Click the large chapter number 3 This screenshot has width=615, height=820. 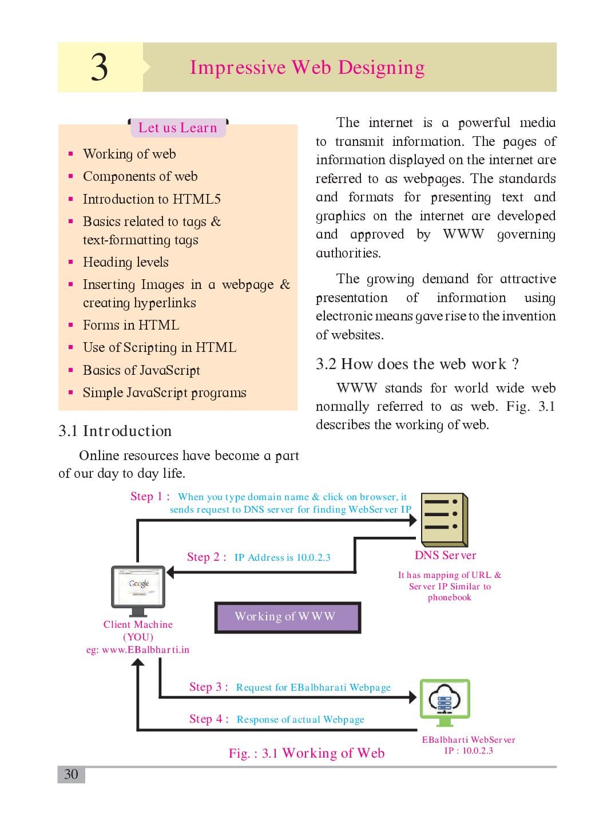pyautogui.click(x=100, y=68)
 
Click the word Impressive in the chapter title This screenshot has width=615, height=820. pyautogui.click(x=237, y=68)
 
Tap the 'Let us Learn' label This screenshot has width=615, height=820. pyautogui.click(x=177, y=128)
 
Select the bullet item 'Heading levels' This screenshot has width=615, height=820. pyautogui.click(x=125, y=262)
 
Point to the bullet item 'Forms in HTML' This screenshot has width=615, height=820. pyautogui.click(x=130, y=325)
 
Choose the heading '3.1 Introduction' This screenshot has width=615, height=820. pyautogui.click(x=115, y=431)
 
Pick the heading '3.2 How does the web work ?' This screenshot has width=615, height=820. pyautogui.click(x=417, y=364)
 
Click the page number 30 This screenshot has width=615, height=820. pyautogui.click(x=71, y=774)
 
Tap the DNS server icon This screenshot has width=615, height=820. pyautogui.click(x=444, y=520)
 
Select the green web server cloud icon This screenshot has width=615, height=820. pyautogui.click(x=445, y=702)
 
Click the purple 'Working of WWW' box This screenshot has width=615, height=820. pyautogui.click(x=288, y=617)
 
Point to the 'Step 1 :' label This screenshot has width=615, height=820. pyautogui.click(x=150, y=496)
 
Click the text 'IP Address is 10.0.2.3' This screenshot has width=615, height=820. pyautogui.click(x=282, y=557)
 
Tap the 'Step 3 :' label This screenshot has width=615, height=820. pyautogui.click(x=209, y=687)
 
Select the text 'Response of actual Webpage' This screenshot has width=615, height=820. pyautogui.click(x=300, y=719)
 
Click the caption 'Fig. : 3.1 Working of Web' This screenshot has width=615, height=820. pyautogui.click(x=307, y=753)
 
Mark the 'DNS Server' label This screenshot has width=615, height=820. pyautogui.click(x=445, y=555)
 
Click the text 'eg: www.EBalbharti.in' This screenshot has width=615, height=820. pyautogui.click(x=138, y=649)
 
